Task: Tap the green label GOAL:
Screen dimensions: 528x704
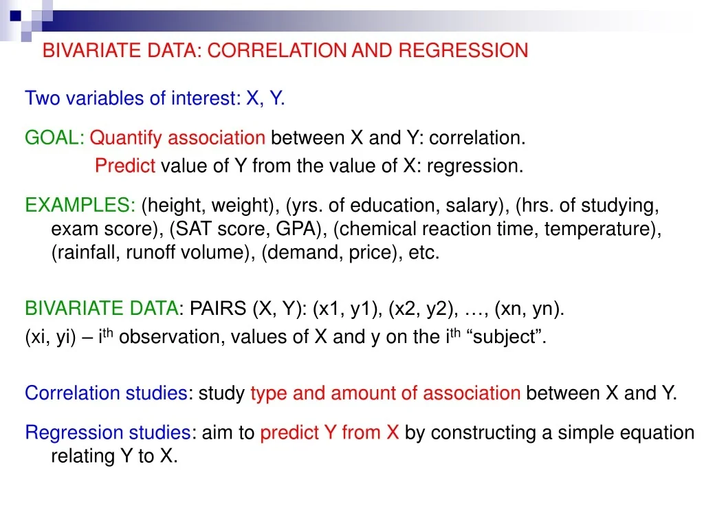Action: coord(54,138)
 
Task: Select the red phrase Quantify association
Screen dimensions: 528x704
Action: coord(177,138)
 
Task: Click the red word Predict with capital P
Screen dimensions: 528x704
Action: coord(125,166)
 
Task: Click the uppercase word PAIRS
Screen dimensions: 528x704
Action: coord(218,309)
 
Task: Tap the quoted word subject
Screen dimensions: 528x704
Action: coord(510,338)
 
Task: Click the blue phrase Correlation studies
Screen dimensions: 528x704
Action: coord(106,393)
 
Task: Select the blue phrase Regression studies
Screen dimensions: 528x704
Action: coord(108,432)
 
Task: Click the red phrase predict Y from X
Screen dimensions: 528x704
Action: coord(329,432)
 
